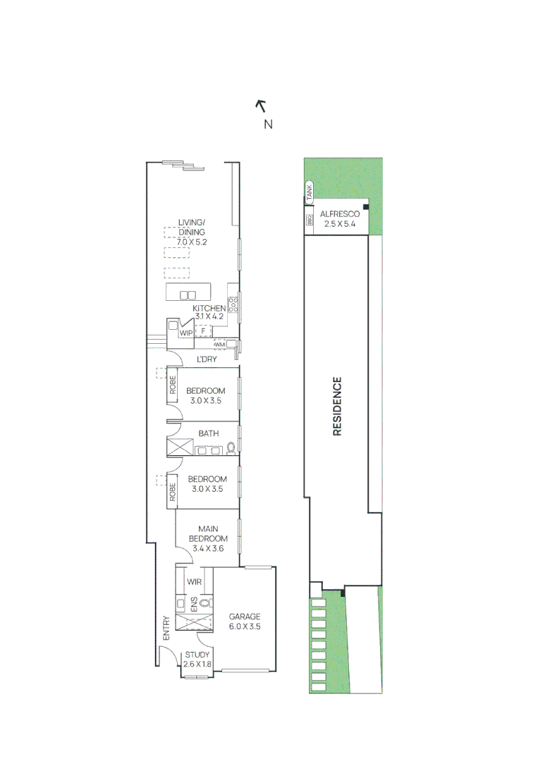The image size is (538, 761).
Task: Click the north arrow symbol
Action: pyautogui.click(x=260, y=106)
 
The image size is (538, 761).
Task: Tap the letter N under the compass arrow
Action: pyautogui.click(x=268, y=125)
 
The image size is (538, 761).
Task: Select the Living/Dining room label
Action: pyautogui.click(x=192, y=232)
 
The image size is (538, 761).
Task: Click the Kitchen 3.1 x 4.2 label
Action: pyautogui.click(x=209, y=312)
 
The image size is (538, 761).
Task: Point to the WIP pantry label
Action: pyautogui.click(x=186, y=333)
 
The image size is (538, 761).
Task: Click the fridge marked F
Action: pyautogui.click(x=203, y=331)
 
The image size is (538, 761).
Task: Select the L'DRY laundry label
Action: pyautogui.click(x=206, y=359)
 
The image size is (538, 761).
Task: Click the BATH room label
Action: pyautogui.click(x=208, y=433)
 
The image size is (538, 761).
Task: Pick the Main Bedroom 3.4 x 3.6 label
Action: pyautogui.click(x=208, y=538)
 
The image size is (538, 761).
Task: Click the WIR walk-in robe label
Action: pyautogui.click(x=195, y=582)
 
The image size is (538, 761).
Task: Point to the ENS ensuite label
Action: pyautogui.click(x=193, y=603)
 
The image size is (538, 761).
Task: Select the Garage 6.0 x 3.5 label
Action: pyautogui.click(x=245, y=621)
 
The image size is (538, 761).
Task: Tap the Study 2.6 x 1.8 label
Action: pyautogui.click(x=197, y=660)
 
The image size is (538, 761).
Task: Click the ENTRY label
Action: pyautogui.click(x=166, y=628)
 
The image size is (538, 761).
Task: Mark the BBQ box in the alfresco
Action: pyautogui.click(x=310, y=221)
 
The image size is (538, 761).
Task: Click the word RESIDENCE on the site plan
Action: pyautogui.click(x=337, y=407)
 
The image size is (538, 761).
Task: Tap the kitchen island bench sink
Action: pyautogui.click(x=187, y=295)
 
